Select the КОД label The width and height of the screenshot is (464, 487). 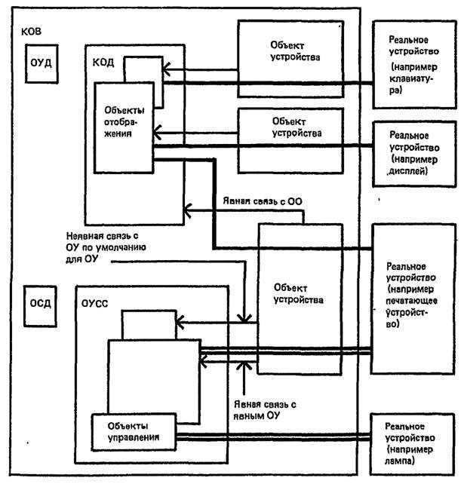[x=105, y=63]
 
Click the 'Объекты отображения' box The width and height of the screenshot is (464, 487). [x=124, y=125]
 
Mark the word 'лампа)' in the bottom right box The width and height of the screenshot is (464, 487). [x=405, y=459]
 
